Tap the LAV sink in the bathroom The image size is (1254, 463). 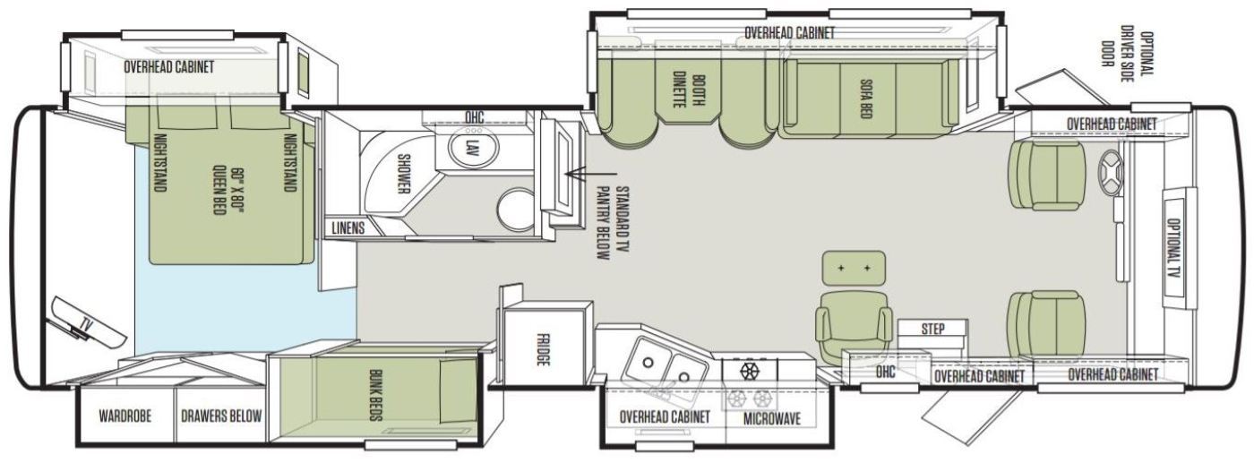(x=469, y=147)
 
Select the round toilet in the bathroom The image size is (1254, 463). (x=516, y=210)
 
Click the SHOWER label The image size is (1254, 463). (x=403, y=173)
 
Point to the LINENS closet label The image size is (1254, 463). (x=348, y=227)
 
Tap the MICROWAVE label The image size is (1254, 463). (x=772, y=418)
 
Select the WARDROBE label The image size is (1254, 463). (x=125, y=416)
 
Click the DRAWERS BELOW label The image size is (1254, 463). (x=221, y=416)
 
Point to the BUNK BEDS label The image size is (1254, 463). (x=375, y=395)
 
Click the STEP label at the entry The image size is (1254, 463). (x=932, y=329)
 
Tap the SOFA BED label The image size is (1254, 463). (x=864, y=98)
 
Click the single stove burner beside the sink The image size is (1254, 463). (x=749, y=371)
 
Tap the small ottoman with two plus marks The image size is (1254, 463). (x=854, y=267)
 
